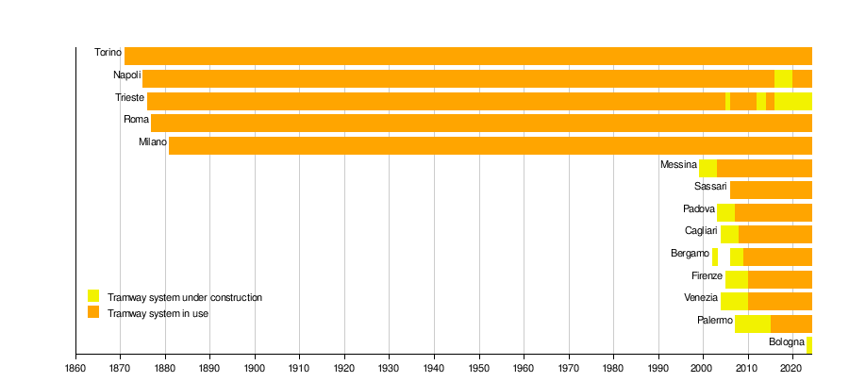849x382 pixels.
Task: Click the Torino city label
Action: click(108, 53)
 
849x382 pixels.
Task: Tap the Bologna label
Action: click(787, 342)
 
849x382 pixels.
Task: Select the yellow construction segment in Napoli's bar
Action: click(784, 78)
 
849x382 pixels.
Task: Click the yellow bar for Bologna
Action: click(809, 344)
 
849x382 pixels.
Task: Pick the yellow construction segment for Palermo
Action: click(753, 324)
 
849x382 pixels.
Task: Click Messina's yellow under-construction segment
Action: click(708, 168)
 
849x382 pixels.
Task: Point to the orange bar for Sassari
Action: click(771, 190)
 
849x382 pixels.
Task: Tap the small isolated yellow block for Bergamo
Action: click(715, 257)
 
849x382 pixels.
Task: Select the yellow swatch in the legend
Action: click(93, 296)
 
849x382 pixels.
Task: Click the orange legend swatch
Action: click(93, 311)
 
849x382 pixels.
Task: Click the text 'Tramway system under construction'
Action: click(185, 298)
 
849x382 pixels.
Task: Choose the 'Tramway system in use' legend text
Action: click(158, 313)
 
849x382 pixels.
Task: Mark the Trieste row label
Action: click(129, 98)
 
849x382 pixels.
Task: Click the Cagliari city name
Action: click(701, 231)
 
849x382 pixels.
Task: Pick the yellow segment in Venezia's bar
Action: click(734, 301)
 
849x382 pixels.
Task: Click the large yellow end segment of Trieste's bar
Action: click(793, 101)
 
